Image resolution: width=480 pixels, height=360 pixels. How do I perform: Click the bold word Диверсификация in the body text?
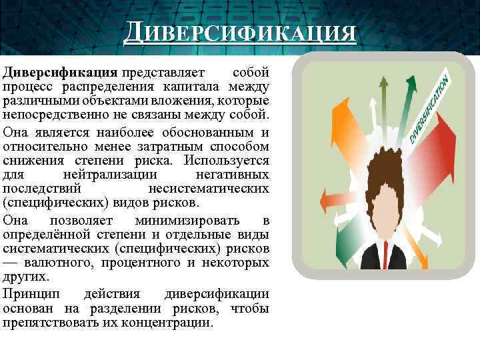[60, 71]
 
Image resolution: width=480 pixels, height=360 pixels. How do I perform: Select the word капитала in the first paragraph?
[191, 87]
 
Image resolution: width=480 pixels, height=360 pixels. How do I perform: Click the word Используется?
[227, 160]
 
